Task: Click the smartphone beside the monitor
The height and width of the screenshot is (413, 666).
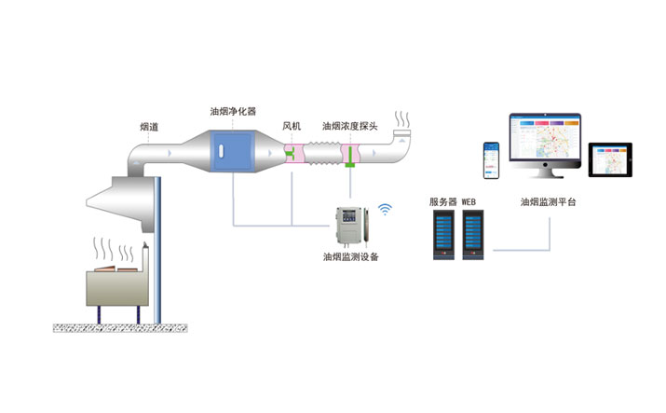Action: click(490, 160)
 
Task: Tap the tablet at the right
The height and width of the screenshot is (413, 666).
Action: click(610, 159)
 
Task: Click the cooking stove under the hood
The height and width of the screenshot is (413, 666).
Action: click(116, 287)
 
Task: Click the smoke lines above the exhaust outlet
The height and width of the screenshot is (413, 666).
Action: click(402, 119)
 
